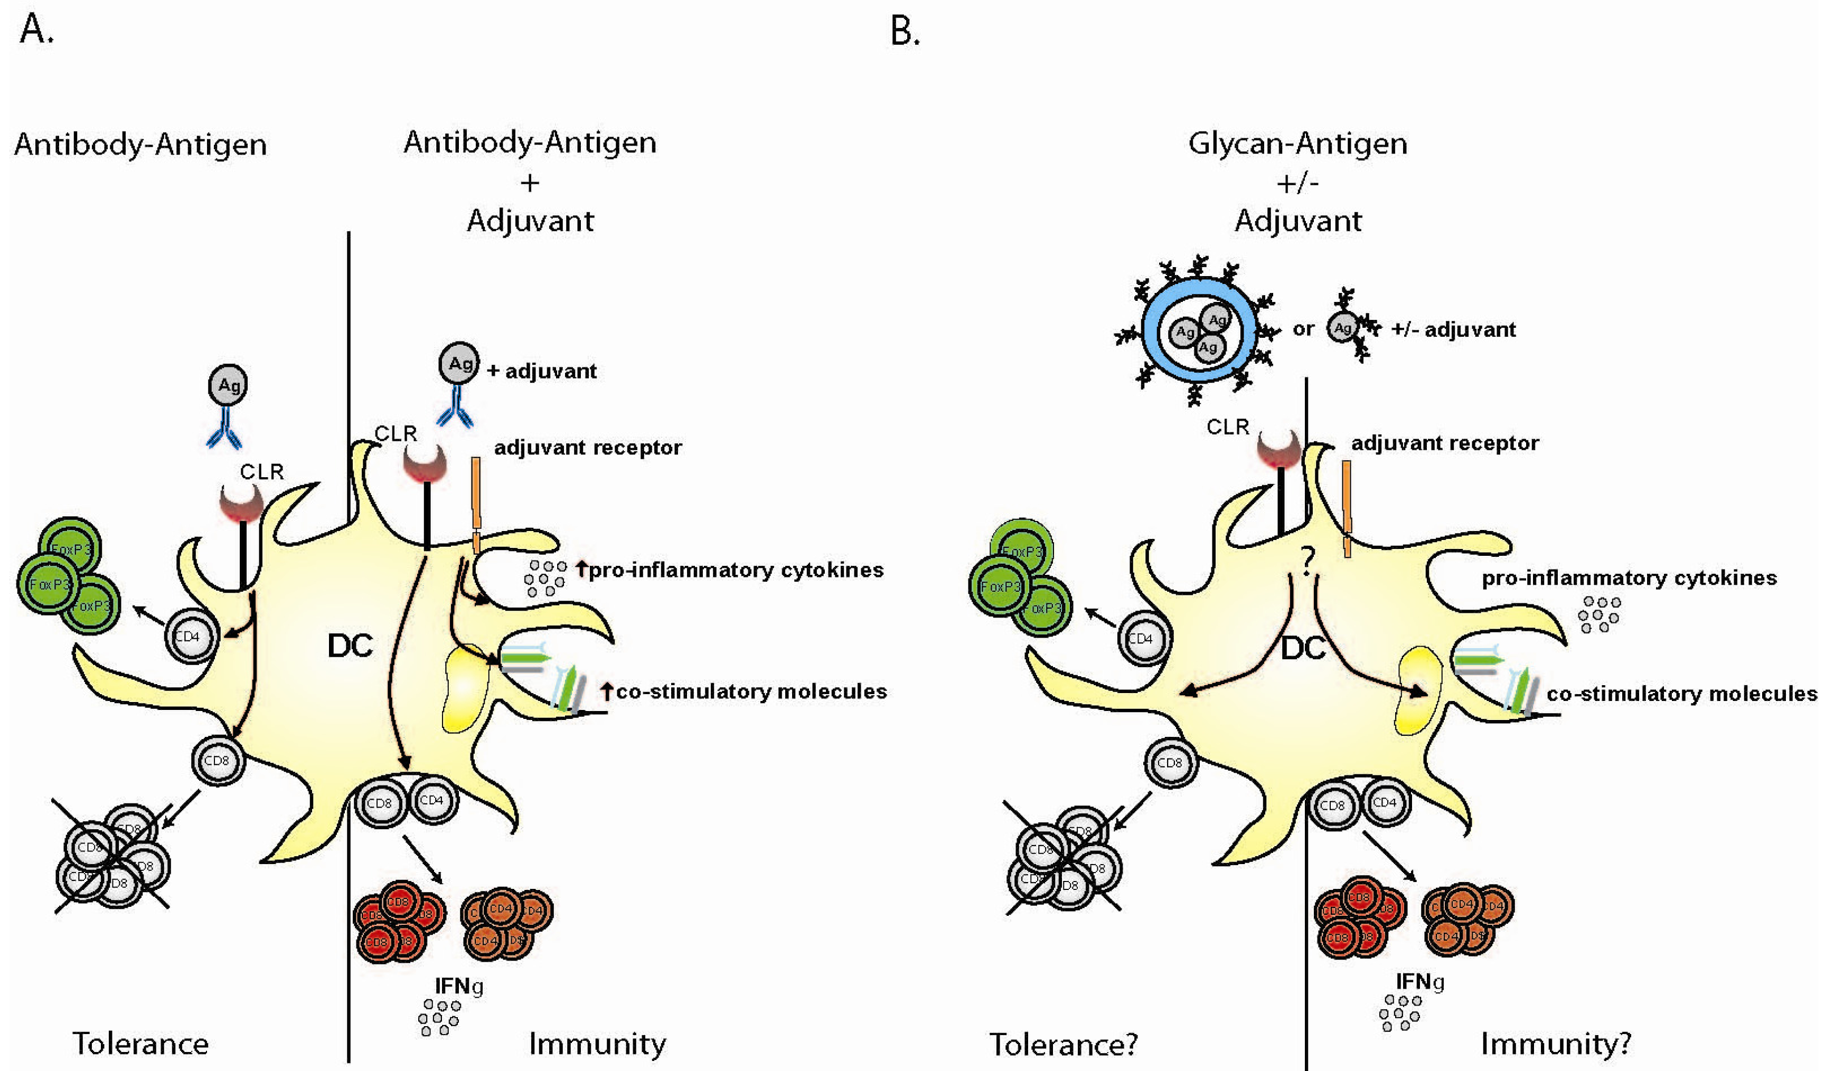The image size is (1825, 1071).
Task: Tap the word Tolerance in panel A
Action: pos(140,1044)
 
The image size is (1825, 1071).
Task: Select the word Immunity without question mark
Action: pos(597,1044)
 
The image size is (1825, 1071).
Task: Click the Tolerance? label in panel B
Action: pos(1063,1044)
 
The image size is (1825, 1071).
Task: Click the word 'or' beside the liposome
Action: pos(1303,329)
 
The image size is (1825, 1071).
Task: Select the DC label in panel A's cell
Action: pos(350,645)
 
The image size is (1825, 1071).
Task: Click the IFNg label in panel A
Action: pos(458,985)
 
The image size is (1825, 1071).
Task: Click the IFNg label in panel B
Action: pos(1419,982)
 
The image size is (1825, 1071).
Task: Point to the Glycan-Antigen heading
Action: pos(1297,144)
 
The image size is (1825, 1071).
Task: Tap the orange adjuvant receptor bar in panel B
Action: pos(1346,507)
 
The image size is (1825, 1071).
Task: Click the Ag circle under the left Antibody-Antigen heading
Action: pos(228,384)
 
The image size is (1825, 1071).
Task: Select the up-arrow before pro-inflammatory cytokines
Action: pos(581,568)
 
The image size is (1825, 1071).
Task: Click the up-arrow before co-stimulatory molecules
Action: pos(606,691)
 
